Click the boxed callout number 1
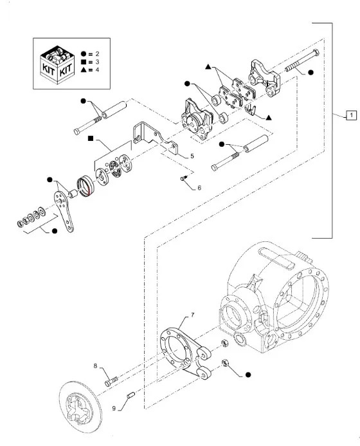click(351, 115)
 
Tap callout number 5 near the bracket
click(192, 156)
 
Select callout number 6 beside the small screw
click(199, 188)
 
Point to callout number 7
click(193, 315)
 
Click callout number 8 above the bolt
click(96, 366)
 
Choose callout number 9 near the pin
click(114, 409)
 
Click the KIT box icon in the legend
click(58, 65)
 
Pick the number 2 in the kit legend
click(97, 54)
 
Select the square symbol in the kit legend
click(84, 62)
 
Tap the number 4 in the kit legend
click(97, 70)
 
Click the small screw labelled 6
click(184, 178)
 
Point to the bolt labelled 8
click(111, 381)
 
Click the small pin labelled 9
click(130, 395)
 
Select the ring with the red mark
click(85, 186)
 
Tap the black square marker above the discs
click(91, 138)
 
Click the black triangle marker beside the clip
click(269, 118)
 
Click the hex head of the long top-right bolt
click(315, 53)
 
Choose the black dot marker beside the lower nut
click(248, 375)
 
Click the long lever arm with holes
click(64, 211)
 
